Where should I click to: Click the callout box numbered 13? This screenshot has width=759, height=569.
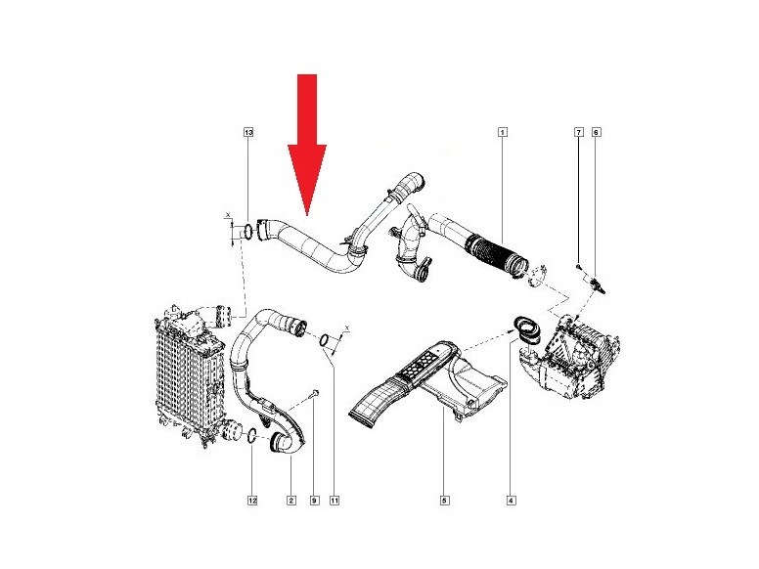click(248, 132)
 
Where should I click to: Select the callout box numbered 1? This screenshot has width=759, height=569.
click(503, 132)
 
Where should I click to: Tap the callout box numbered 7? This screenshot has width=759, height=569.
click(578, 132)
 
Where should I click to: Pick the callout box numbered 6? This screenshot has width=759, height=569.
click(596, 132)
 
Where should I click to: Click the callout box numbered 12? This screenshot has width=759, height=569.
click(252, 501)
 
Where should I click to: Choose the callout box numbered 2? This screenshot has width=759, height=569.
click(290, 501)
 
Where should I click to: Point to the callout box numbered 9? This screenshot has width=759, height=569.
click(314, 501)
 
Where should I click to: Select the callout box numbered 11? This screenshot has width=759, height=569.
click(335, 501)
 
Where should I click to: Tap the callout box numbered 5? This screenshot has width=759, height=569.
click(445, 501)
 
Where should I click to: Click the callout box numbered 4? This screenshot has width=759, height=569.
click(512, 501)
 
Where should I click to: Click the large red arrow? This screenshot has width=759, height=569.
click(307, 144)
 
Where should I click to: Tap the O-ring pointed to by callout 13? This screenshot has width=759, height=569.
click(247, 232)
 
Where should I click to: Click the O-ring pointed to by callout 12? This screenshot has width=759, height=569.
click(251, 435)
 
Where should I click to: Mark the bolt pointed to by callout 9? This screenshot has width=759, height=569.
click(314, 393)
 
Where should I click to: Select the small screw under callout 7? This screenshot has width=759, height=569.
click(578, 266)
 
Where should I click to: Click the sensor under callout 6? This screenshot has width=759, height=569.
click(597, 284)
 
